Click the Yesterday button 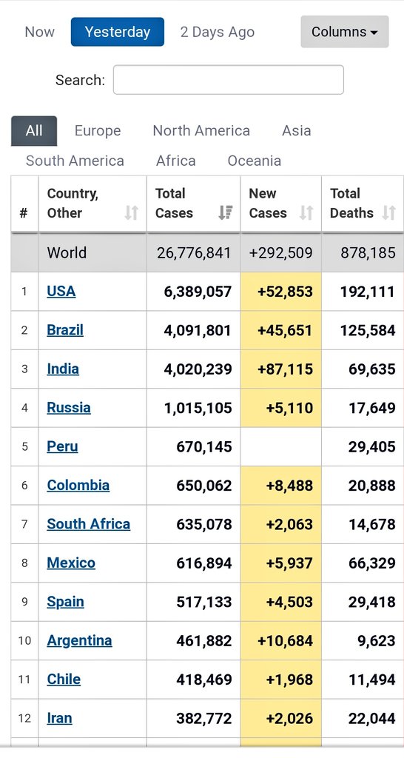click(x=118, y=32)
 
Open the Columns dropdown click(x=344, y=32)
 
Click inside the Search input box click(x=228, y=80)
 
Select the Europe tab click(x=98, y=130)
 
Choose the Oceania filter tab click(x=254, y=161)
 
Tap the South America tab click(x=75, y=161)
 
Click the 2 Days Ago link click(x=218, y=32)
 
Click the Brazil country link click(x=65, y=329)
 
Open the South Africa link click(x=88, y=523)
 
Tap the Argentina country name click(x=79, y=640)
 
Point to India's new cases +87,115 click(x=285, y=369)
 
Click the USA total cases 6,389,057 click(x=198, y=291)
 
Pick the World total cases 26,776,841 click(x=194, y=252)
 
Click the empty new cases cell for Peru click(x=281, y=446)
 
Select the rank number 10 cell click(x=24, y=640)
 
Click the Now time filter click(x=40, y=32)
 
